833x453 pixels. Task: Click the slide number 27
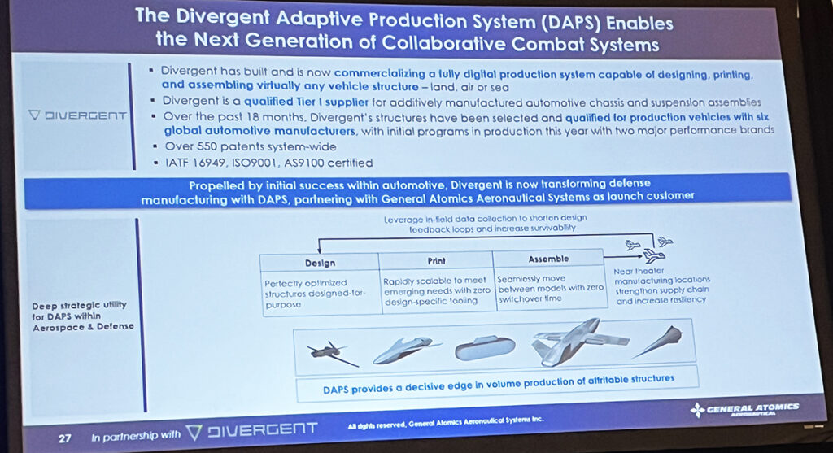(x=64, y=437)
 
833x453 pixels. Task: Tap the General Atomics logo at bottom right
(x=744, y=409)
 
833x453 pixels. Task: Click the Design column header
(x=320, y=263)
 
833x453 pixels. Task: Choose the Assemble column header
(x=549, y=258)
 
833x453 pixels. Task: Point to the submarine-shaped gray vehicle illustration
(x=485, y=348)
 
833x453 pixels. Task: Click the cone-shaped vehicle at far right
(x=660, y=342)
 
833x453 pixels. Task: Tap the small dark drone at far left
(x=331, y=353)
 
